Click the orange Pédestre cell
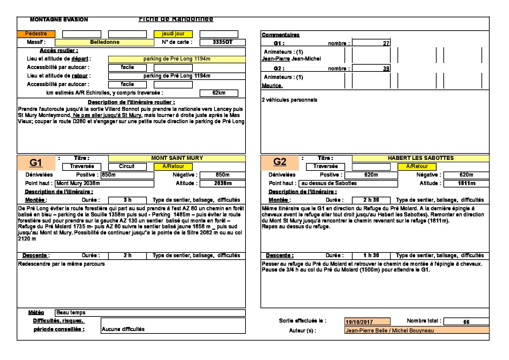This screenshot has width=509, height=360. [x=36, y=34]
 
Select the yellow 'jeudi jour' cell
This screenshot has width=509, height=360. [x=173, y=34]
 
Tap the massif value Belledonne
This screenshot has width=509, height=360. [x=104, y=42]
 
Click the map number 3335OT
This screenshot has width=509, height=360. [x=222, y=42]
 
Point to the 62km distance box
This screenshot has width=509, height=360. [x=219, y=93]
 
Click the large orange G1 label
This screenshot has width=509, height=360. [x=36, y=163]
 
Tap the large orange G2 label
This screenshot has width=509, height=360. [x=280, y=162]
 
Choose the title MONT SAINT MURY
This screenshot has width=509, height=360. [x=177, y=158]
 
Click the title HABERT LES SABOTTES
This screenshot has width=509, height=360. [x=421, y=158]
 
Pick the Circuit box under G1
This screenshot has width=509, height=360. [x=127, y=166]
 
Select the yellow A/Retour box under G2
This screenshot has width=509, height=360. [x=417, y=166]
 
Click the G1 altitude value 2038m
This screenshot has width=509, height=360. [x=222, y=183]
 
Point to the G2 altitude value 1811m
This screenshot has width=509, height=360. [x=466, y=183]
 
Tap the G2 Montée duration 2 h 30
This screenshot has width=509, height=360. [x=371, y=200]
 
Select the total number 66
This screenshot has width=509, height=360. [x=466, y=322]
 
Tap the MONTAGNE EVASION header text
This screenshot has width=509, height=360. [x=59, y=20]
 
